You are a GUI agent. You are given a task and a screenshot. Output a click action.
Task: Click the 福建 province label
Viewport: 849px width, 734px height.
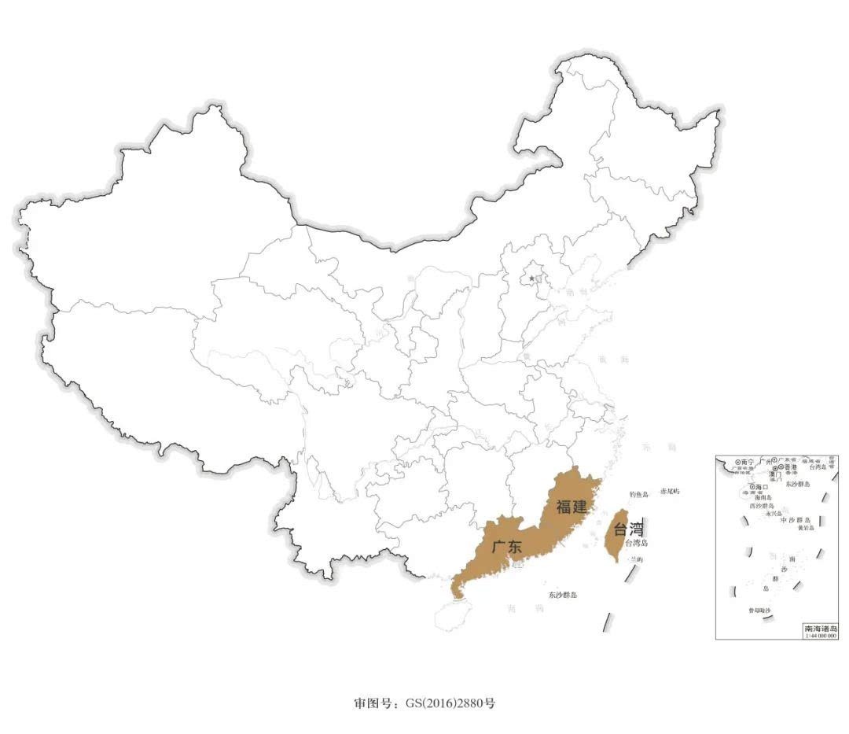572,507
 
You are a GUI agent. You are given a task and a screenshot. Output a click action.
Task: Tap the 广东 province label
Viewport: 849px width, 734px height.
506,546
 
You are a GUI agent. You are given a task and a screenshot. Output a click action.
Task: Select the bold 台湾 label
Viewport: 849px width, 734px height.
628,529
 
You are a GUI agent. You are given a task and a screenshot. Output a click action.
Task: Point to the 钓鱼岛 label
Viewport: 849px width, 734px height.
639,494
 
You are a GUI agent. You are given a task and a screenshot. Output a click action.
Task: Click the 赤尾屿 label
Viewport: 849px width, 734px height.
670,491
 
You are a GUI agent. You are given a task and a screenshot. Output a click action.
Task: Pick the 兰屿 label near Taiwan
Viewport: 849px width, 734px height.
634,559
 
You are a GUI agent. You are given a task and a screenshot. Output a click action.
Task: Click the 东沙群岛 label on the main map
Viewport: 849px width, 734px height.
563,595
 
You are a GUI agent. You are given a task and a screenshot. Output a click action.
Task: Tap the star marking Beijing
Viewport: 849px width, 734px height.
531,278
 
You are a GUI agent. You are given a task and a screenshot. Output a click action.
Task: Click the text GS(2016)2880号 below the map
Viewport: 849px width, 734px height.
450,703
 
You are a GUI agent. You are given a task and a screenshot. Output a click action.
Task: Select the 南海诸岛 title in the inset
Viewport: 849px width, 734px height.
820,629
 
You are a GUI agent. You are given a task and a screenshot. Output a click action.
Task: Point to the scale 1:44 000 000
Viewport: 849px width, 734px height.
820,636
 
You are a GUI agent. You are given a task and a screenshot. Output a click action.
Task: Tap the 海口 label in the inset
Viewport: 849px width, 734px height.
760,488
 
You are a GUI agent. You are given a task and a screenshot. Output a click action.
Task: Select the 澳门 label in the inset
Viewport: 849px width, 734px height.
775,475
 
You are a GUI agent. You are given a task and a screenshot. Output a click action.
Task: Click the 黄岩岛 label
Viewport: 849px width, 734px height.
806,528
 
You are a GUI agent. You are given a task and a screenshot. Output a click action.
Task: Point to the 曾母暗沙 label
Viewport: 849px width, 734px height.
759,610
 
